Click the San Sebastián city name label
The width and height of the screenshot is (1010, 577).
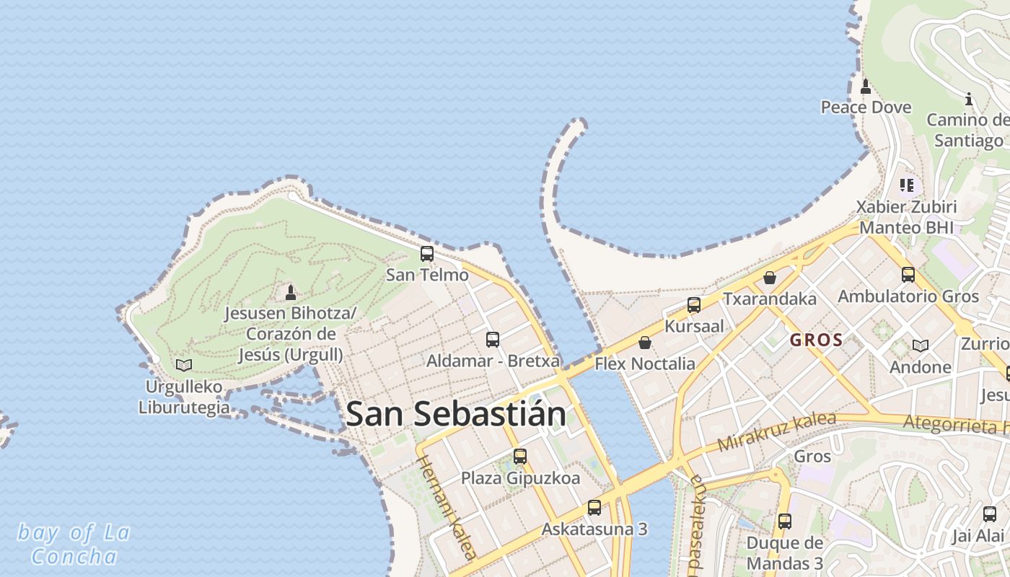(455, 414)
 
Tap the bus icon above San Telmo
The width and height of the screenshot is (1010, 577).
(427, 254)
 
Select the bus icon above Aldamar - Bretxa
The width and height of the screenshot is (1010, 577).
(493, 339)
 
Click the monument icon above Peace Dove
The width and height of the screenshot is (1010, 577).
(866, 87)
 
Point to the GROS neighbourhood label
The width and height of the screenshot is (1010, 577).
(816, 340)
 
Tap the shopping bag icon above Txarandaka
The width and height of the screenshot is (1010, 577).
(770, 278)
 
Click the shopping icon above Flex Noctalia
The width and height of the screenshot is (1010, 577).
(645, 343)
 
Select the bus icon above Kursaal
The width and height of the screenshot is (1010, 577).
(694, 305)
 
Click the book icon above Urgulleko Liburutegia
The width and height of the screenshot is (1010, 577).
(184, 365)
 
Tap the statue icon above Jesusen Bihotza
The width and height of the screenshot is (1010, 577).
(291, 292)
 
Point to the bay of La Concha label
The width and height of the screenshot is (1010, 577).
(74, 545)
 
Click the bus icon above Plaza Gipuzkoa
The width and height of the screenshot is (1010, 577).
(520, 457)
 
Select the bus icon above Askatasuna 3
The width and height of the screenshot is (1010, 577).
(594, 508)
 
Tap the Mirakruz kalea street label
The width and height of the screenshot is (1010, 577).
(777, 431)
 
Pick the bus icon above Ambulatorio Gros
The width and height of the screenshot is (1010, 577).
(908, 275)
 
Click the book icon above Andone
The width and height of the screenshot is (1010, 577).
(921, 346)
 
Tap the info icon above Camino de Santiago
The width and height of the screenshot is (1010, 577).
(969, 99)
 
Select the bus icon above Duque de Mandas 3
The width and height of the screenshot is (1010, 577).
(785, 521)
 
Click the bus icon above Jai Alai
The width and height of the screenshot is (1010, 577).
(990, 514)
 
